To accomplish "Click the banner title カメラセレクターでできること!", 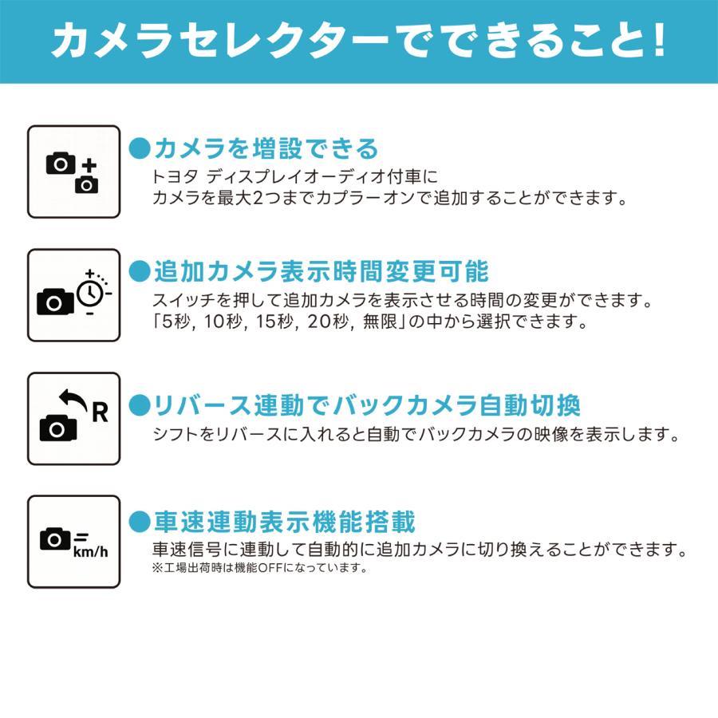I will (358, 41).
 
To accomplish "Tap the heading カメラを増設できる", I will (265, 148).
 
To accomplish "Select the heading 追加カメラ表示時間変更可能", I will (320, 272).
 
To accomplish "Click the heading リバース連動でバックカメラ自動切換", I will (366, 405).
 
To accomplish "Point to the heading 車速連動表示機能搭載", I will (284, 523).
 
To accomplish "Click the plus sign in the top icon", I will (89, 166).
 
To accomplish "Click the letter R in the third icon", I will (100, 412).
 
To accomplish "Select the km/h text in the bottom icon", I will (89, 551).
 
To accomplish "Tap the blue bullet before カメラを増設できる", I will (140, 148).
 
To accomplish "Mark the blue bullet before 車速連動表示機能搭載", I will (140, 523).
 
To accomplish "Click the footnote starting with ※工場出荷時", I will (258, 569).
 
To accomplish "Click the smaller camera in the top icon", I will (87, 185).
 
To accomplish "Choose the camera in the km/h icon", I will (55, 540).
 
